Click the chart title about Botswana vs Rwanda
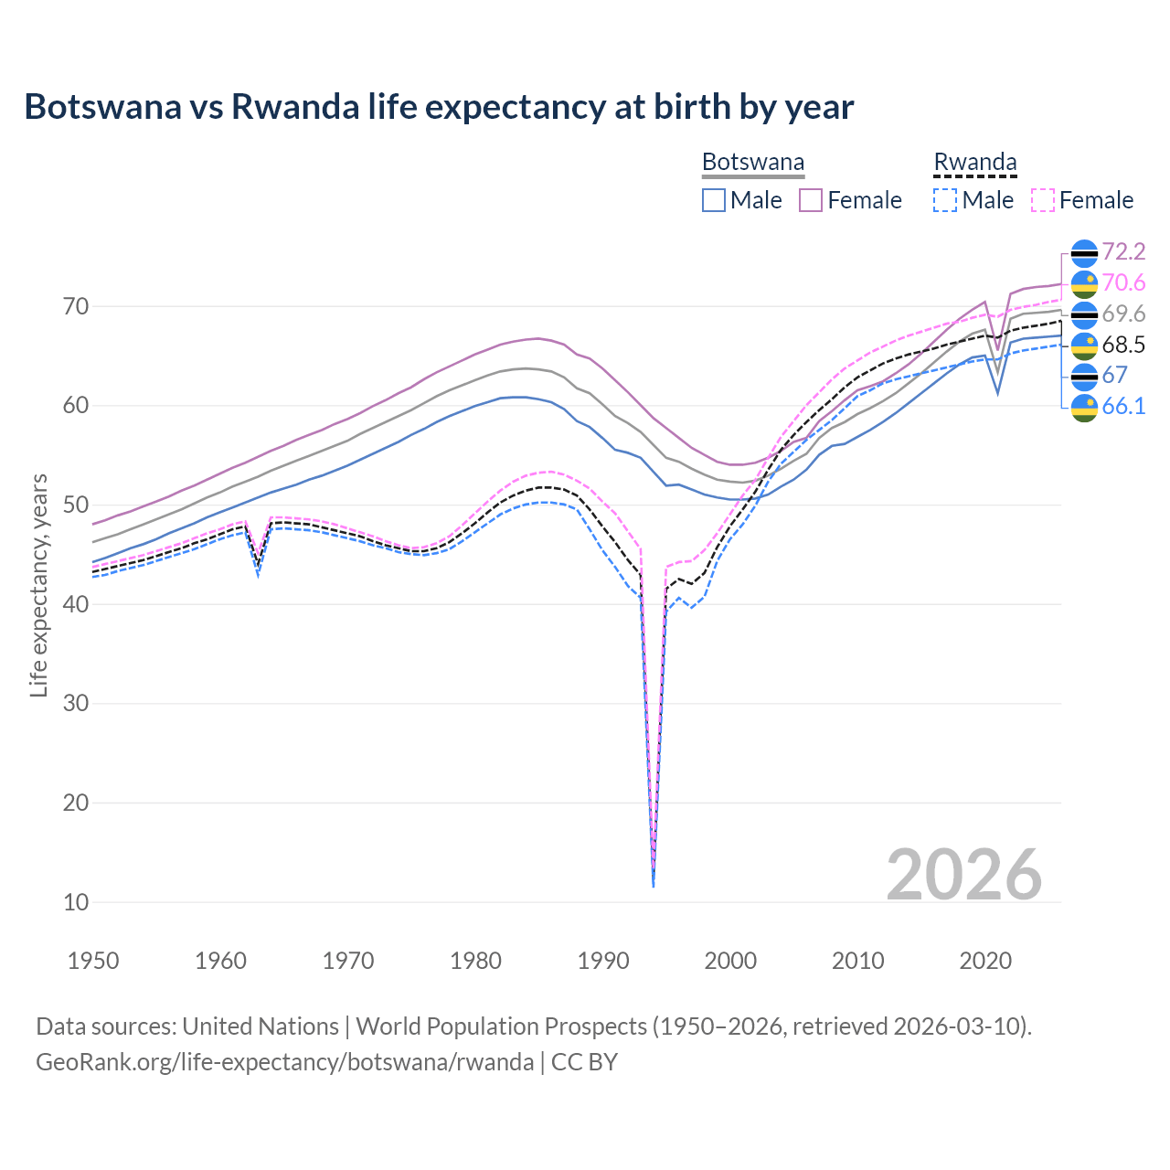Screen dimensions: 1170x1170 439,107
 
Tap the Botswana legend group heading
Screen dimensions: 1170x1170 752,163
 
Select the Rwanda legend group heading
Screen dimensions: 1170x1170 974,163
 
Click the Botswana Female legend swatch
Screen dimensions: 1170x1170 811,200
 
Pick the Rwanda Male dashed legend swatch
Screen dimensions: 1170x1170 945,200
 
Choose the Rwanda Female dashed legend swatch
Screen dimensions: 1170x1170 1043,200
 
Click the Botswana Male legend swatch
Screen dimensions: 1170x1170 714,200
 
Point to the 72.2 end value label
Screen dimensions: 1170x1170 1123,251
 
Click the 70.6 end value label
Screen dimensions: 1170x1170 1123,282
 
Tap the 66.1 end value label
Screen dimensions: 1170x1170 1123,406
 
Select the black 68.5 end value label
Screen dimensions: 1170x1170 1123,345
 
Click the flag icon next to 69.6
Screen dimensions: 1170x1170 1084,314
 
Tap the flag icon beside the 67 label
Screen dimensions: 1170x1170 1084,376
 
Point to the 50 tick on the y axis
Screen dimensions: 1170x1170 76,505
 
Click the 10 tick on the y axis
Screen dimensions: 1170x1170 76,902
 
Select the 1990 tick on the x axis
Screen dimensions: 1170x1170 603,961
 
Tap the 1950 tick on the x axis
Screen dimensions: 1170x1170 94,961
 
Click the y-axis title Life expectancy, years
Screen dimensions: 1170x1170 38,585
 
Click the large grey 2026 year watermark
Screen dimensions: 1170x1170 963,875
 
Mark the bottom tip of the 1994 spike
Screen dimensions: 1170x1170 654,886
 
